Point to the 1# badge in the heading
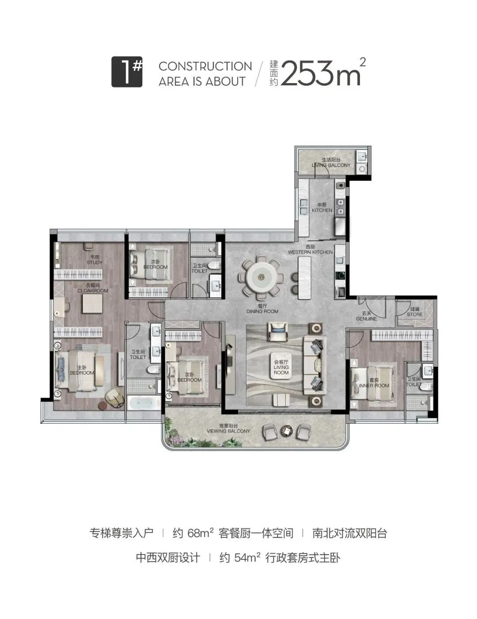127,72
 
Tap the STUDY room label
94,260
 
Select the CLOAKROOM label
92,289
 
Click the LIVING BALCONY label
331,163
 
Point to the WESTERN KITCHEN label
310,250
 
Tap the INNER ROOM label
374,383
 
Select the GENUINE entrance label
366,316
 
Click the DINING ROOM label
262,309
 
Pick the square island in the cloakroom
93,304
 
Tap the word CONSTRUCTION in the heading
205,66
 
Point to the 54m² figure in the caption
248,558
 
